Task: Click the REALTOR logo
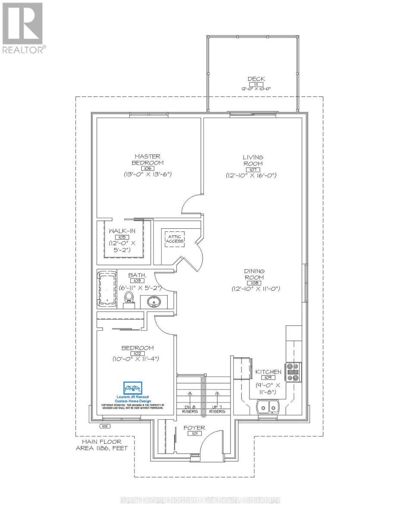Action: tap(22, 28)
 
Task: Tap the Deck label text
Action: tap(256, 79)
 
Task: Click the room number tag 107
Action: tap(253, 169)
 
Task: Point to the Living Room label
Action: tap(253, 160)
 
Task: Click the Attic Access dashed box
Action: tap(174, 239)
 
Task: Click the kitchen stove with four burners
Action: tap(294, 371)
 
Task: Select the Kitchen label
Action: tap(269, 372)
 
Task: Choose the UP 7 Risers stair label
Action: tap(217, 408)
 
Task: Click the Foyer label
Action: tap(194, 428)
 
